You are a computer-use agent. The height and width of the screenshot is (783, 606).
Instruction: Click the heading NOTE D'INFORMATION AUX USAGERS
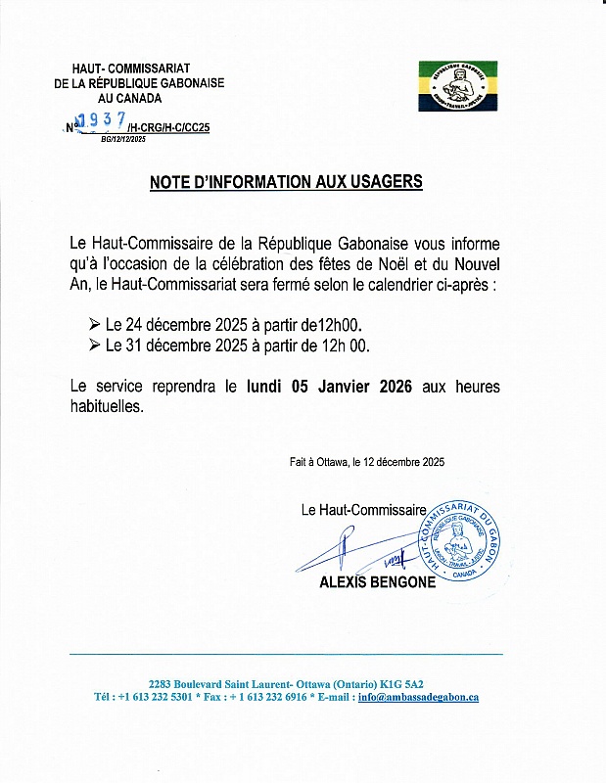[286, 182]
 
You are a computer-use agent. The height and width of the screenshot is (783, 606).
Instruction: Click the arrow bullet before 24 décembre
[94, 323]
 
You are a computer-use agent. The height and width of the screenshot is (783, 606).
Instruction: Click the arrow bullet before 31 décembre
[94, 345]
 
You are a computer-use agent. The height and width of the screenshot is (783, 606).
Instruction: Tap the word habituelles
[107, 407]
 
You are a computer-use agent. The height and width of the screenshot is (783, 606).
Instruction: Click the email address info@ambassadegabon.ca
[418, 698]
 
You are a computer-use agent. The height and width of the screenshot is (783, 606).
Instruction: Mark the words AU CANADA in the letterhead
[138, 100]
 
